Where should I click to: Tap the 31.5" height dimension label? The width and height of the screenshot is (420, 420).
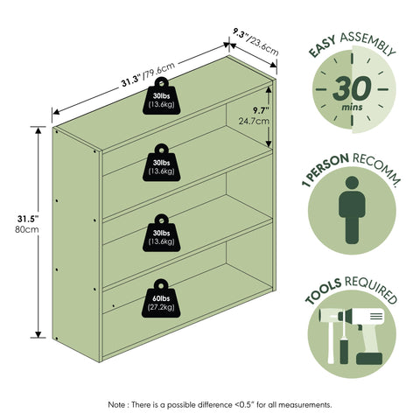coord(28,219)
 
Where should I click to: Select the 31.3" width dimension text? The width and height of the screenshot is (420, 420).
coord(131,81)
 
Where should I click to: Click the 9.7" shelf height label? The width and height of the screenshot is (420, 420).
coord(261,110)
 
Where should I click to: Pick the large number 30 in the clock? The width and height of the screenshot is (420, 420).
coord(352,88)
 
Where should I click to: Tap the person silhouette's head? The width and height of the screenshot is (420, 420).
coord(352,182)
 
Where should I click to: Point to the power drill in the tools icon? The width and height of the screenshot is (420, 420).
coord(365,335)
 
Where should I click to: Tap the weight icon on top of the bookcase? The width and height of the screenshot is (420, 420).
coord(161,95)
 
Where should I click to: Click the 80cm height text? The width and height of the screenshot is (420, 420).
coord(27,229)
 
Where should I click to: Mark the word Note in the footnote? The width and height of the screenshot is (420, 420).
coord(116,405)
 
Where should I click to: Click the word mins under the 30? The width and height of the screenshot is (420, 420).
coord(353,107)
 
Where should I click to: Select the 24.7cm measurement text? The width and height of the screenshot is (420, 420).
coord(254,121)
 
